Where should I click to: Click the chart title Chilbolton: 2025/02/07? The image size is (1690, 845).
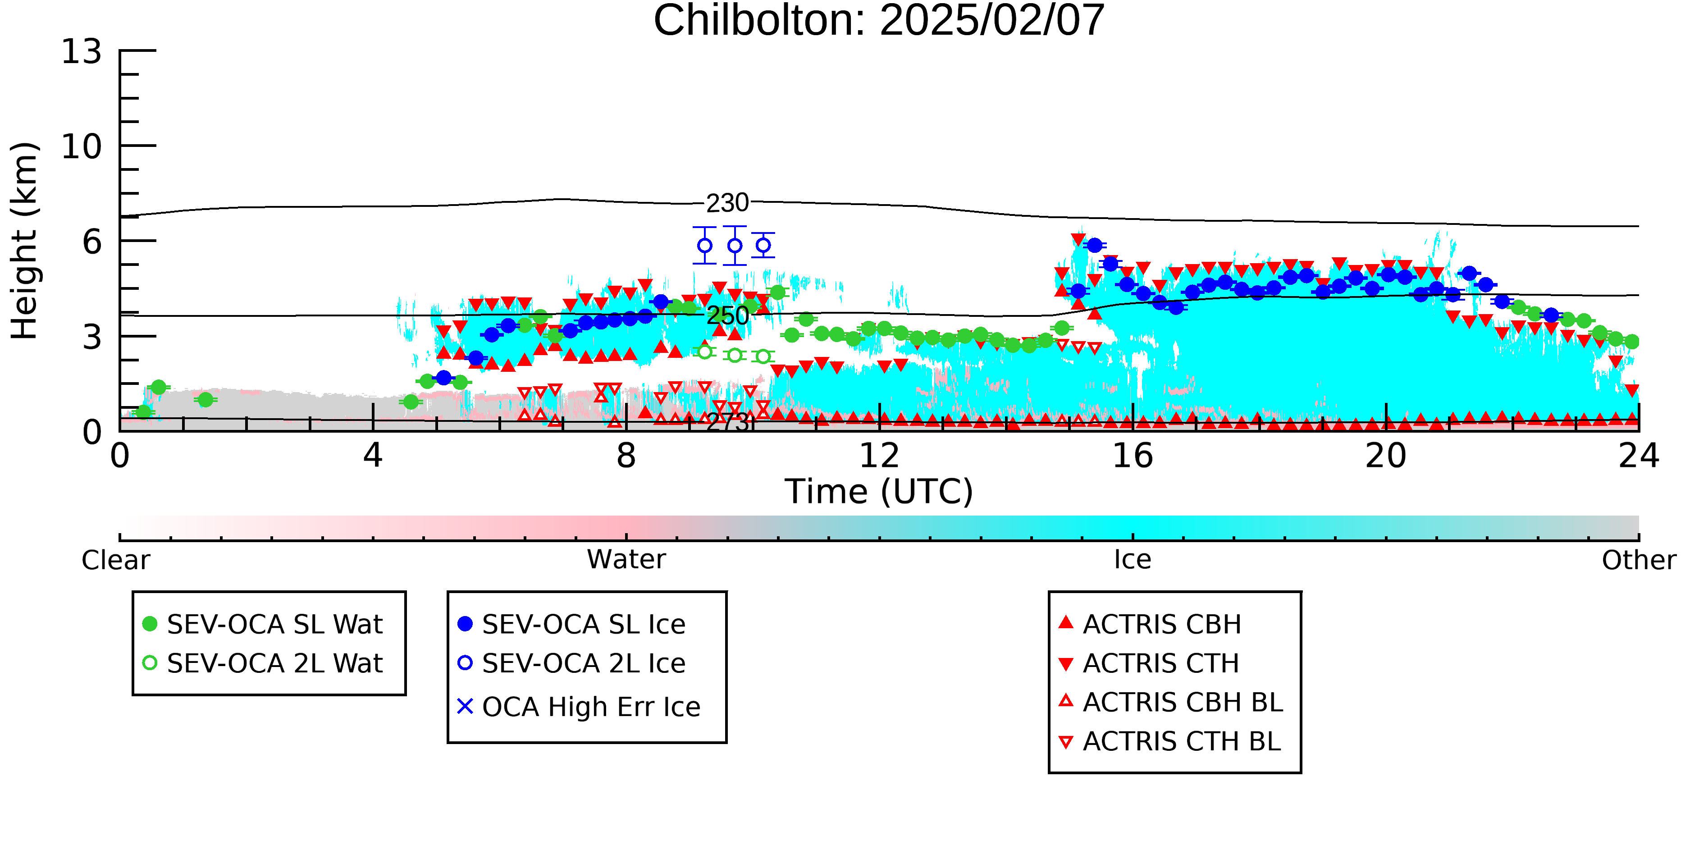click(x=879, y=21)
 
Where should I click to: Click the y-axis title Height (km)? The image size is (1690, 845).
click(x=24, y=241)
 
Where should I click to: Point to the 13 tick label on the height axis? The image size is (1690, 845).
click(x=82, y=51)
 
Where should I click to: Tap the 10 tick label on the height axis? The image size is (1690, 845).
click(x=82, y=146)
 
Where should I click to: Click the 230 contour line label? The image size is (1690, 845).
click(x=727, y=203)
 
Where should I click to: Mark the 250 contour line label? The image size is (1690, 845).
click(x=727, y=316)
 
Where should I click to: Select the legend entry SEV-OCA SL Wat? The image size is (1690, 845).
click(x=262, y=624)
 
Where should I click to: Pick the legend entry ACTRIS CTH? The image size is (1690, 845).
click(x=1149, y=663)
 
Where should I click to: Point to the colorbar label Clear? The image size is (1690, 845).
click(x=115, y=560)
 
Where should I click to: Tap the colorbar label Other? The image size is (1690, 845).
click(x=1639, y=560)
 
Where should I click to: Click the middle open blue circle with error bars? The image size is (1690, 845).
click(x=735, y=245)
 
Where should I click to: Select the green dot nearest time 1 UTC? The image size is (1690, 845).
click(x=206, y=400)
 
